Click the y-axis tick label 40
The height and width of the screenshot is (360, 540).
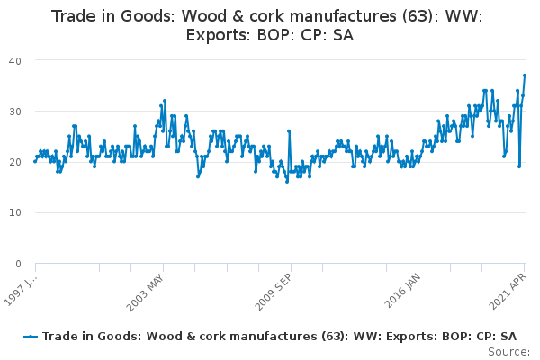point(15,61)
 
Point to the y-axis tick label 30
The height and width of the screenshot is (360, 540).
point(15,112)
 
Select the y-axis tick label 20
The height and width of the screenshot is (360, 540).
point(15,162)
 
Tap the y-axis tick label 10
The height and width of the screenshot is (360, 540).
point(15,212)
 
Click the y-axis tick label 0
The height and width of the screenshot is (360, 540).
point(18,264)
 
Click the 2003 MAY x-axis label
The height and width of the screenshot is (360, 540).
point(145,292)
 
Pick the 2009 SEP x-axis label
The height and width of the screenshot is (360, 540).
point(273,292)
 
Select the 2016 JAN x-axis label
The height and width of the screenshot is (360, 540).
point(402,291)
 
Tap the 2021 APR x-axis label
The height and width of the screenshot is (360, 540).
point(508,292)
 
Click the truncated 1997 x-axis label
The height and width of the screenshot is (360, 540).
point(21,290)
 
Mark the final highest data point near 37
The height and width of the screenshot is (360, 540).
point(525,75)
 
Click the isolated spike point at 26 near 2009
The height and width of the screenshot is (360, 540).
point(289,131)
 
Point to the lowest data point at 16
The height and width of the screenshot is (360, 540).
point(287,182)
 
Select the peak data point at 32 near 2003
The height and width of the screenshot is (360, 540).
point(165,101)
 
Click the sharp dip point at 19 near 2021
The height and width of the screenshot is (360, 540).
point(519,166)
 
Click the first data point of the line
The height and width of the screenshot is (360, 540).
point(35,162)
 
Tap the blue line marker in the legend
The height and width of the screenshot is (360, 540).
point(31,337)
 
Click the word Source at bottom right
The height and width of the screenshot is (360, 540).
point(508,352)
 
